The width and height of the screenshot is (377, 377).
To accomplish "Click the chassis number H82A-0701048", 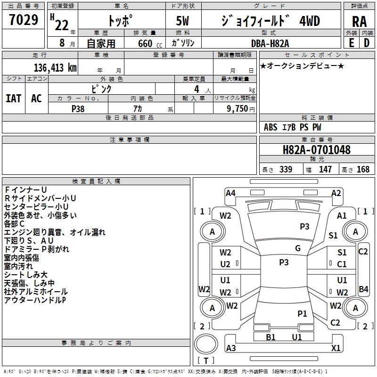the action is pyautogui.click(x=316, y=150).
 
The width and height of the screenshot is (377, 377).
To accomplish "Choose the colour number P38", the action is pyautogui.click(x=78, y=108).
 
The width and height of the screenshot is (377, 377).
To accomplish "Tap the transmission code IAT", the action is pyautogui.click(x=13, y=98).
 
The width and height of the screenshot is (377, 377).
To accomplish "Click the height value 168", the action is pyautogui.click(x=363, y=170).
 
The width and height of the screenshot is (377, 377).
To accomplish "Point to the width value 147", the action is pyautogui.click(x=325, y=170).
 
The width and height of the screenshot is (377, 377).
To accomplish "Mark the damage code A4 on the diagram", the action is pyautogui.click(x=230, y=193).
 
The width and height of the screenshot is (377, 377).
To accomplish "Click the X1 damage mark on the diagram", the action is pyautogui.click(x=336, y=348).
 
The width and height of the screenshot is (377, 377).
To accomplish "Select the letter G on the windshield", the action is pyautogui.click(x=297, y=248).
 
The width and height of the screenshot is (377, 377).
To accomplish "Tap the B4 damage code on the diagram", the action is pyautogui.click(x=363, y=289).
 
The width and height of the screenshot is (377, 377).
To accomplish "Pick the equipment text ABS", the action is pyautogui.click(x=270, y=127).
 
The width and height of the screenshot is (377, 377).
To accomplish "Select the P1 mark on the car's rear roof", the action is pyautogui.click(x=302, y=313).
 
